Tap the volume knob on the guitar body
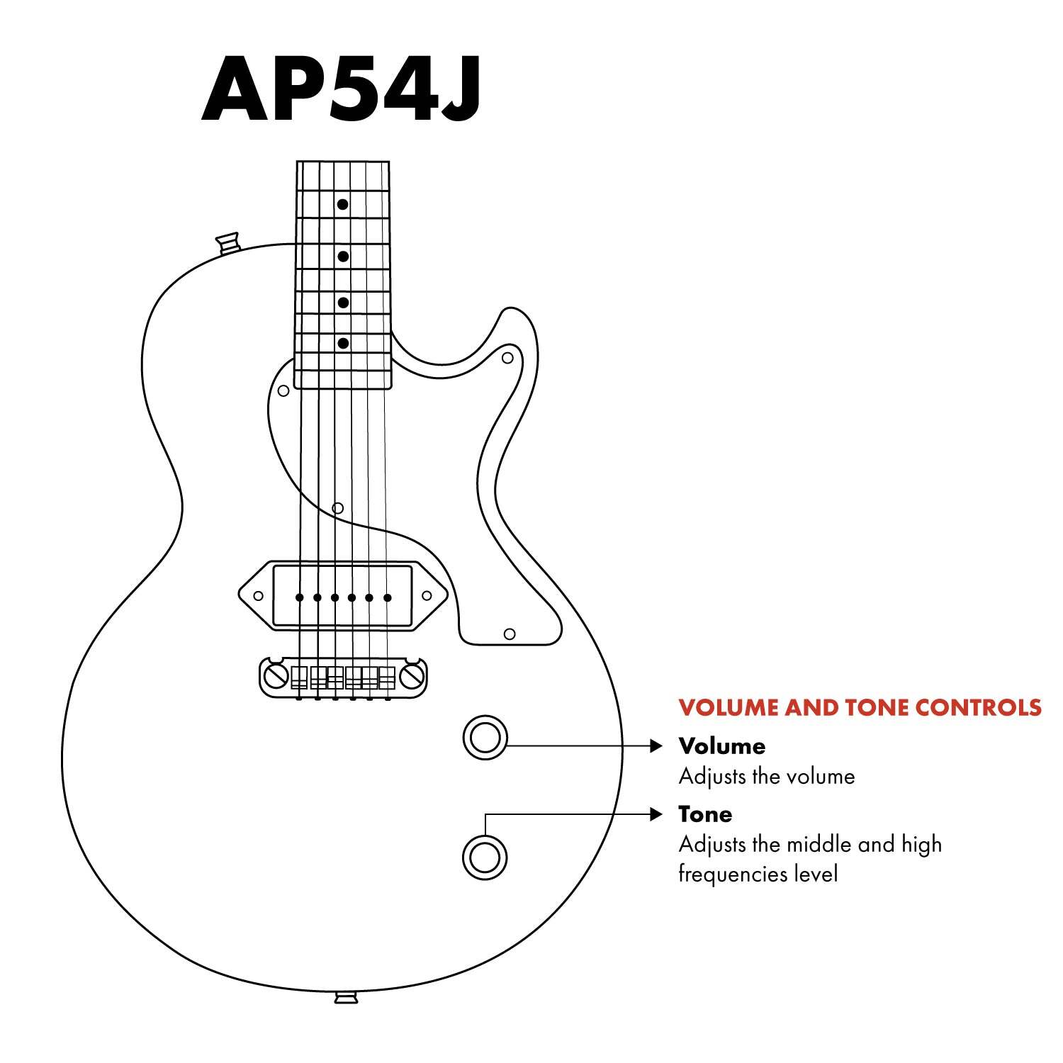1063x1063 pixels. click(485, 738)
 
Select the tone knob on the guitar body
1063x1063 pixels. click(485, 857)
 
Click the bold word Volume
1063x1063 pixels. click(721, 746)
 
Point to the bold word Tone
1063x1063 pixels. click(705, 814)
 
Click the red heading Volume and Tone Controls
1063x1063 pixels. click(860, 707)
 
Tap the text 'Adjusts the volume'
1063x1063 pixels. click(766, 777)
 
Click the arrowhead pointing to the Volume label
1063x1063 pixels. click(656, 746)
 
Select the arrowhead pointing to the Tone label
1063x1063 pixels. click(656, 814)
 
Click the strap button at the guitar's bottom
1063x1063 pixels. click(346, 998)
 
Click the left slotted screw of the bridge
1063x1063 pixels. click(275, 677)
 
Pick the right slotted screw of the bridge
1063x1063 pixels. click(412, 677)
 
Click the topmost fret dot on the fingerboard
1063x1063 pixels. click(343, 204)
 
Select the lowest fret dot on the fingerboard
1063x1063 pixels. click(343, 344)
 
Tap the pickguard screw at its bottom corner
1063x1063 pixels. click(509, 634)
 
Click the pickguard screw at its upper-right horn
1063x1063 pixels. click(507, 358)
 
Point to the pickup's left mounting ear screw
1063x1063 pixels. click(259, 596)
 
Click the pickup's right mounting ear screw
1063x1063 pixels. click(427, 596)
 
